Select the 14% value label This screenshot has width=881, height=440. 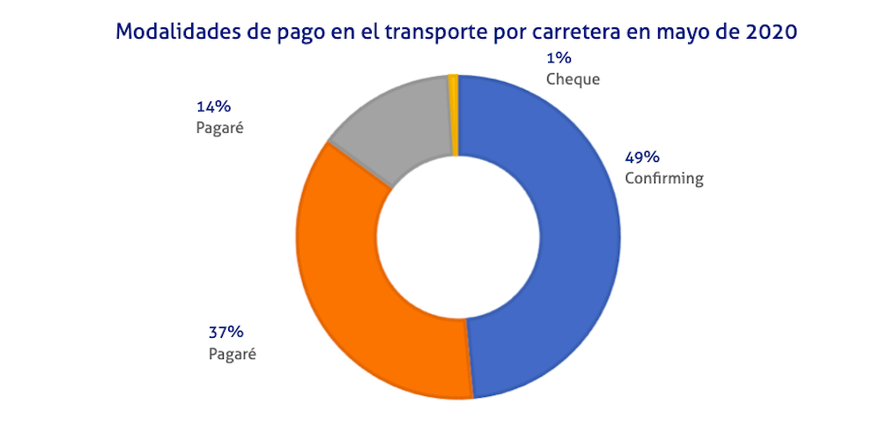[213, 106]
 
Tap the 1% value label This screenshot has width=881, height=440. [559, 58]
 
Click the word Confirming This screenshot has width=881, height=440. [664, 179]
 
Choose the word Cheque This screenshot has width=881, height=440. [573, 79]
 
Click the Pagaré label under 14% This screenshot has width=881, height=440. [219, 128]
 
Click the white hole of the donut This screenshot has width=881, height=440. [458, 238]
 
